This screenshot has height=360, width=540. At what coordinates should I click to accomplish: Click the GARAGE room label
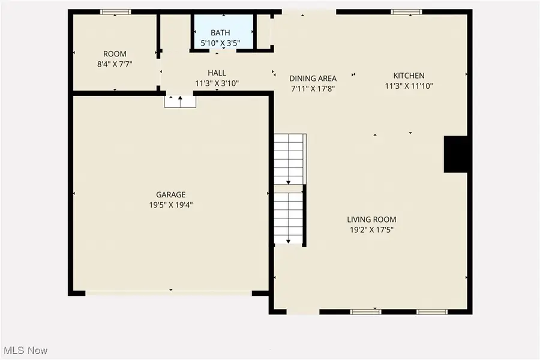171,194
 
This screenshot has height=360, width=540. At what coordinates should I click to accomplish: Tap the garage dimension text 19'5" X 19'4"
171,205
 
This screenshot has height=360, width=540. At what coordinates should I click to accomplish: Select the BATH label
220,33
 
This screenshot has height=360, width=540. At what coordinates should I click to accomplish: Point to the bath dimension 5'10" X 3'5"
220,43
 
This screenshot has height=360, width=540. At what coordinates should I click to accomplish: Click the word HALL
217,73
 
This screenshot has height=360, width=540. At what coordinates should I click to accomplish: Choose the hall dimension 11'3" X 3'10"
217,83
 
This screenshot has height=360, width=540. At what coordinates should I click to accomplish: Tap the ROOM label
115,54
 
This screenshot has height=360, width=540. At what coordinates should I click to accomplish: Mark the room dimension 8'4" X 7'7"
115,64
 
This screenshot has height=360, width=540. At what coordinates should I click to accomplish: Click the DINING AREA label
313,79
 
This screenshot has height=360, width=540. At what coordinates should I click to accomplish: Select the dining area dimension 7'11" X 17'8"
313,89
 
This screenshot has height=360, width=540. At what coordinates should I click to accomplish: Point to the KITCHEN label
409,76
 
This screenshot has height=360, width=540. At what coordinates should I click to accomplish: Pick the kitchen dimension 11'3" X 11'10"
409,86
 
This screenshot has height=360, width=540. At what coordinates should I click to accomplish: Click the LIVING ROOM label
371,220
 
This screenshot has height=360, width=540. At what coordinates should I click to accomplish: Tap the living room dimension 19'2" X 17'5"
371,230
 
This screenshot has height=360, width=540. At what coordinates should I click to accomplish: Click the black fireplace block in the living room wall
455,154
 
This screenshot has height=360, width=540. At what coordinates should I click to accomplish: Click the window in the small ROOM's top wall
115,12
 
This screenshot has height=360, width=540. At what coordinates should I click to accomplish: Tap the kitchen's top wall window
406,12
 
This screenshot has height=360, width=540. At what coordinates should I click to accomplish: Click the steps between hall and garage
180,102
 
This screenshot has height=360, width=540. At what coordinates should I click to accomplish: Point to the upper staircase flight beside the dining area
290,159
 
